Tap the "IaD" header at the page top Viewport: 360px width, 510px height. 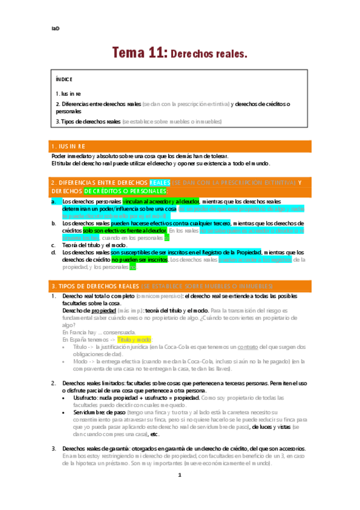coord(55,28)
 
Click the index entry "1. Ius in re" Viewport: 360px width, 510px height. coord(69,94)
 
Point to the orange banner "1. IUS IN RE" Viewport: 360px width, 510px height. coord(69,146)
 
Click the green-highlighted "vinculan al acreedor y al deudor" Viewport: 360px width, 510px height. coord(159,201)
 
